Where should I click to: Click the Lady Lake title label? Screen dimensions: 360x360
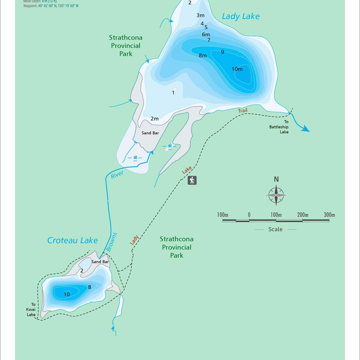241,16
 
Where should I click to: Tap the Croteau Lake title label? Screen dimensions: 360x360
72,240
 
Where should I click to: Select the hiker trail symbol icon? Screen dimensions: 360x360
192,180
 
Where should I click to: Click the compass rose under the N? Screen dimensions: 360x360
276,195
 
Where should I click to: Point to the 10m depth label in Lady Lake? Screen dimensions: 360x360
237,69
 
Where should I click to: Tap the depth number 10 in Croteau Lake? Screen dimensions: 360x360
67,294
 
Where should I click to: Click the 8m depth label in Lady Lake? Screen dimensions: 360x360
202,55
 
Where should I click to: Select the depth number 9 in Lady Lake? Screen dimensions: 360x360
222,52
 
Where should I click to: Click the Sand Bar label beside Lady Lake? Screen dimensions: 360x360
150,133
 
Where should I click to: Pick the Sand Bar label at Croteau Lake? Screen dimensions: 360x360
100,262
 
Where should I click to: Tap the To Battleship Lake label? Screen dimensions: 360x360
279,127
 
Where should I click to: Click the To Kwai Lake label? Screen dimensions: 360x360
31,309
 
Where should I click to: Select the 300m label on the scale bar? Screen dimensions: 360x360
329,215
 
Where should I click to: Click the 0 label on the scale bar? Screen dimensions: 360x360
249,215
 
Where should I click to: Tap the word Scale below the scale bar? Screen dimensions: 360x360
275,229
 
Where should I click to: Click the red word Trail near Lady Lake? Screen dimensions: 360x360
243,110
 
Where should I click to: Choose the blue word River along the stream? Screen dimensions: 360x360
117,175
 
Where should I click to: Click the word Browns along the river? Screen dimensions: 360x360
111,242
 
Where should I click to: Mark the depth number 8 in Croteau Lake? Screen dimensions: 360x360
89,287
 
